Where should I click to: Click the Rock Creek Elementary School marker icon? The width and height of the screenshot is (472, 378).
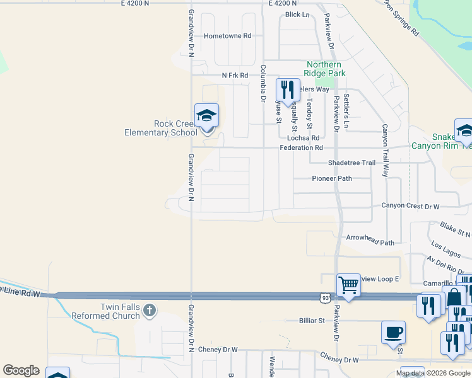coord(206,116)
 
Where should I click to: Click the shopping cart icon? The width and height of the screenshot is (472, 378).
coord(348,285)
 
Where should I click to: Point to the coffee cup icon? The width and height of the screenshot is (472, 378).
coord(393,332)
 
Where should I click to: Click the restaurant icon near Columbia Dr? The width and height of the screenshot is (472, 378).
coord(288,90)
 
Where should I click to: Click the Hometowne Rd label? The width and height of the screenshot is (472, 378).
coord(228,36)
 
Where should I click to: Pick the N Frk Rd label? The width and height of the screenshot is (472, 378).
coord(235,76)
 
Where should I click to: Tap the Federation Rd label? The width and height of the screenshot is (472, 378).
coord(302,148)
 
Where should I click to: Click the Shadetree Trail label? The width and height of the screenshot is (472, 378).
coord(351,163)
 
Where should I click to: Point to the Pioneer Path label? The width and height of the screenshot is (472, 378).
coord(332,178)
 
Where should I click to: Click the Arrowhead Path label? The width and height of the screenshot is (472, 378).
coord(370,242)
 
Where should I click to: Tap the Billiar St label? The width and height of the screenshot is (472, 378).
coord(311,321)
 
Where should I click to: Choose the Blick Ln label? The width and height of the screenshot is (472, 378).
coord(297,14)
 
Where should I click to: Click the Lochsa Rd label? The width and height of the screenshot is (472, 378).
coord(303,137)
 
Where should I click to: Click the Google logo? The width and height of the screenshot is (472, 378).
coord(21,370)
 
